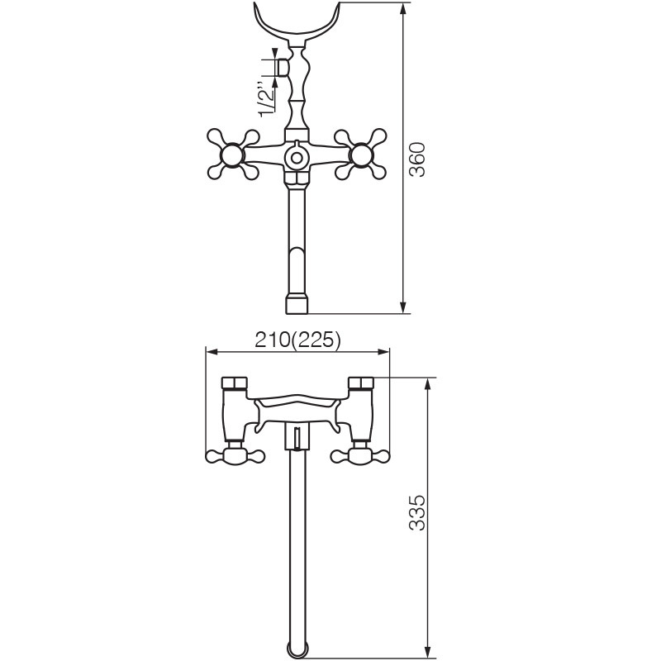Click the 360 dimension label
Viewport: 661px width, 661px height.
pos(418,159)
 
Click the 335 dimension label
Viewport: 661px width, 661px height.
pos(418,512)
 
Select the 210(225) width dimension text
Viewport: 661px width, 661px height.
pos(297,340)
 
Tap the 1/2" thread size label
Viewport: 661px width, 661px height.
pos(266,99)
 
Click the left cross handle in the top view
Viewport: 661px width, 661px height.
pos(233,155)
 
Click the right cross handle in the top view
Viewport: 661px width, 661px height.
pos(361,155)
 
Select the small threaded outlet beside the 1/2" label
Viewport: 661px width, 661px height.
pos(283,67)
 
